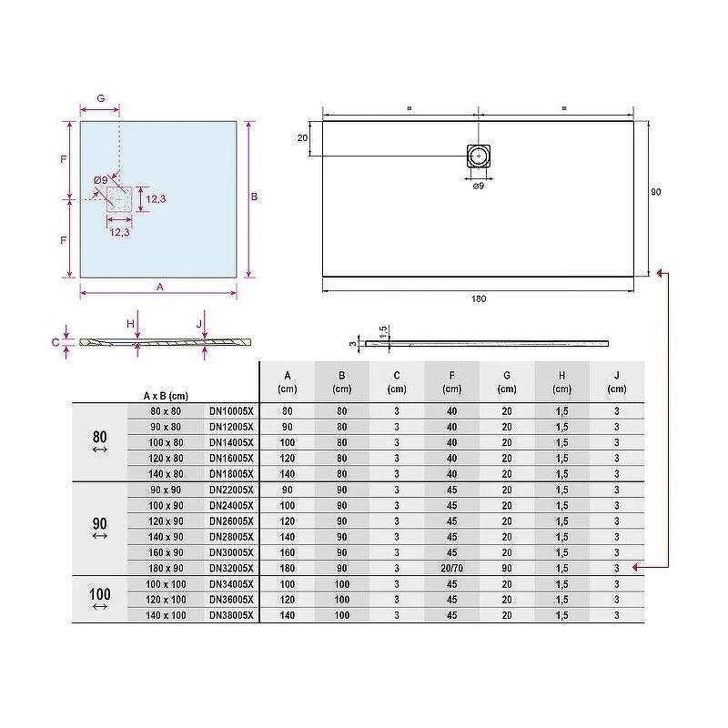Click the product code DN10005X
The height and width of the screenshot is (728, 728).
(x=231, y=411)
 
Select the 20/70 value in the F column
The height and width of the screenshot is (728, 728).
(x=451, y=568)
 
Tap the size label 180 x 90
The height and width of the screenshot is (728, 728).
(x=166, y=568)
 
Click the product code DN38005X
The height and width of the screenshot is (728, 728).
(x=231, y=615)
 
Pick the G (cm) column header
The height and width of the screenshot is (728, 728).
(x=507, y=381)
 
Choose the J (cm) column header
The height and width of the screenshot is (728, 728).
(x=617, y=381)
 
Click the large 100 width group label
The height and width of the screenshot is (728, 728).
(x=100, y=594)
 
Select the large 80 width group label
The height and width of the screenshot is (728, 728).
(x=100, y=437)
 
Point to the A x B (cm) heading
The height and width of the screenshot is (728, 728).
(x=166, y=396)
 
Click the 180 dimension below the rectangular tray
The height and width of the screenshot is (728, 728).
(x=479, y=298)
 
